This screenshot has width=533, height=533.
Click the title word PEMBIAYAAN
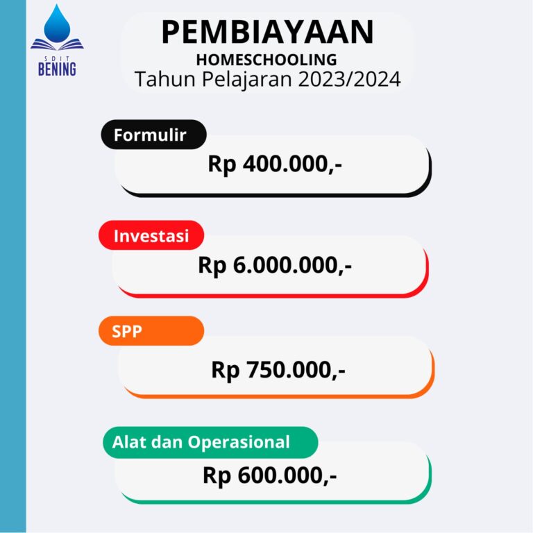pos(267,33)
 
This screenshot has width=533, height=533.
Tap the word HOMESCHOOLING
pos(266,60)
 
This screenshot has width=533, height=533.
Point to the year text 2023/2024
pos(350,79)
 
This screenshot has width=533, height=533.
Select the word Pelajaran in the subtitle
pos(247,80)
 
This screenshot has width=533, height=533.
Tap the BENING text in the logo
pos(57,69)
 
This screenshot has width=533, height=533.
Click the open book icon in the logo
pos(57,45)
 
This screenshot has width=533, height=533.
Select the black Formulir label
pos(153,135)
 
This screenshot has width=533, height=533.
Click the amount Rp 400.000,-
pos(275,164)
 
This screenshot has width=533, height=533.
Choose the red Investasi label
pos(151,235)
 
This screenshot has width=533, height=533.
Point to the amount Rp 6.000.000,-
pos(275,265)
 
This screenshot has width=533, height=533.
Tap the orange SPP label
pos(151,331)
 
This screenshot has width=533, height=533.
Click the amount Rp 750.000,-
pos(278,370)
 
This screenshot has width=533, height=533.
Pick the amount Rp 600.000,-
pos(269,475)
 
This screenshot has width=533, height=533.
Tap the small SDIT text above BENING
pos(57,59)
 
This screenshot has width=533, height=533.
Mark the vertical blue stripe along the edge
pos(13,266)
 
